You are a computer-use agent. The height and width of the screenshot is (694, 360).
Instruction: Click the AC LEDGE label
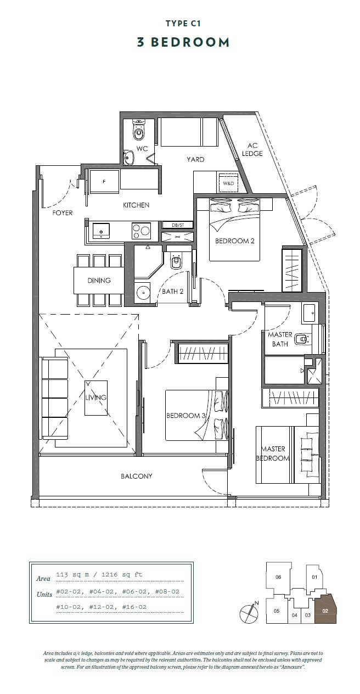pos(252,150)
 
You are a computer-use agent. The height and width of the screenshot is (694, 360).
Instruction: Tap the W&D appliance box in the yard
pos(227,183)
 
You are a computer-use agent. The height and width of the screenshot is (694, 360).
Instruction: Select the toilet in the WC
pos(138,131)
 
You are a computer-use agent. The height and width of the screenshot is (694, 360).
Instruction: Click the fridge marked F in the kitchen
pos(103,181)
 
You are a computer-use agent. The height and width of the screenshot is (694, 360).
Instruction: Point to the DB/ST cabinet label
pos(178,225)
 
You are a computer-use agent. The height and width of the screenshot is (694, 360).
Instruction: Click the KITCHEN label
pos(136,205)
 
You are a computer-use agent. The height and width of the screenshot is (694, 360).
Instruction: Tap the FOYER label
pos(63,213)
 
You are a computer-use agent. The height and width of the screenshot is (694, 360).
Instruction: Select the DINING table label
pos(99,281)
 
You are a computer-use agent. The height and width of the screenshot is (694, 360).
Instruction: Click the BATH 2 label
pos(172,292)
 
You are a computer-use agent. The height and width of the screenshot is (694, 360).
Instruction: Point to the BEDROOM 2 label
pos(234,241)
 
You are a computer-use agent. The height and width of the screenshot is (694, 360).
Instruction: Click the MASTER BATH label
pos(280,339)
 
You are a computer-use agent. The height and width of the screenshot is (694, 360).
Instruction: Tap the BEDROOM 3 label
pos(185,416)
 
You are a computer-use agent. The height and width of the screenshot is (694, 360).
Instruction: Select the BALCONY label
pos(137,476)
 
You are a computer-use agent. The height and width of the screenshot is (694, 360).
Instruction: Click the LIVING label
pos(95,398)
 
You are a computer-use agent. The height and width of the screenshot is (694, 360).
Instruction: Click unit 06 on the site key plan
pos(278,577)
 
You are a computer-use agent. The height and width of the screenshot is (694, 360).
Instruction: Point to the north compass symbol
pos(249,612)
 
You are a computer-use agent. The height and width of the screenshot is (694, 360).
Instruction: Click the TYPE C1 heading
pos(183,24)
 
